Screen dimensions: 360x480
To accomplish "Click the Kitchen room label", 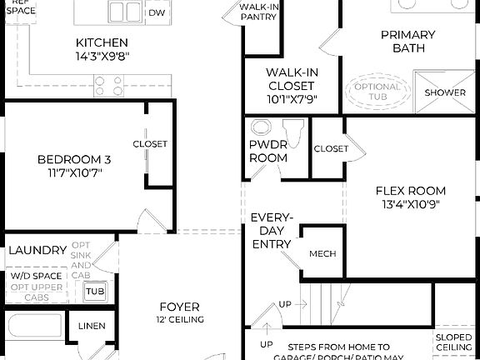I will pyautogui.click(x=102, y=42).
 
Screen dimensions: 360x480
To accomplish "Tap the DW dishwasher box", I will pyautogui.click(x=156, y=12).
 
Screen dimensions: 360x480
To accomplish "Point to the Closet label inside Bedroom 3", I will pyautogui.click(x=150, y=144).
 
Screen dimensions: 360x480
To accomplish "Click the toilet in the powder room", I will pyautogui.click(x=293, y=131).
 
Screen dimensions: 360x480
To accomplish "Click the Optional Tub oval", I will pyautogui.click(x=377, y=92).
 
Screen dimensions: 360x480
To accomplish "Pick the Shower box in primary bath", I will pyautogui.click(x=445, y=92).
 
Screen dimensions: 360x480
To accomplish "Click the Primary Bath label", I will pyautogui.click(x=407, y=42).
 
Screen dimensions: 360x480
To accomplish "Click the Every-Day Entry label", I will pyautogui.click(x=271, y=231).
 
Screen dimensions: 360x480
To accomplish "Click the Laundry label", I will pyautogui.click(x=37, y=250).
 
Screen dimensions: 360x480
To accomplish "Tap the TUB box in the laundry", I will pyautogui.click(x=95, y=292).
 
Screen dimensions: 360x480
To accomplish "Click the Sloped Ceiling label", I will pyautogui.click(x=454, y=342).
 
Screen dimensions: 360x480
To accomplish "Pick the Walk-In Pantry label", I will pyautogui.click(x=258, y=11).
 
